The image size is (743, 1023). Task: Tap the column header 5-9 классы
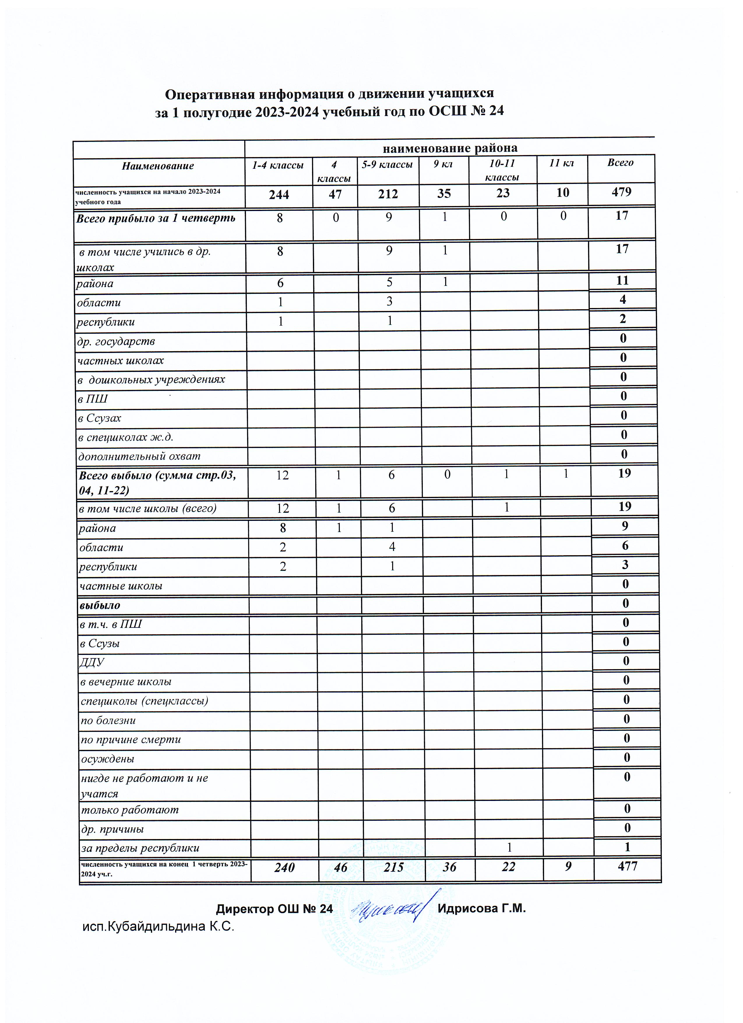click(387, 165)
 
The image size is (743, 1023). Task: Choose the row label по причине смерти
click(131, 739)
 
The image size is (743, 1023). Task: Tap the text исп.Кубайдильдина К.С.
click(159, 927)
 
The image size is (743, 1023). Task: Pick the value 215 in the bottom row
click(392, 867)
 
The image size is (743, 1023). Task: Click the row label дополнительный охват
click(139, 456)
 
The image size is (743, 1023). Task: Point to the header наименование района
click(450, 148)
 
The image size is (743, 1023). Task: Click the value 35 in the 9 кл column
click(444, 194)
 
